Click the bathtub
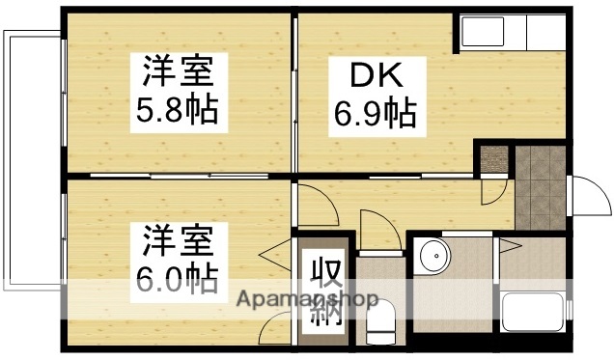pos(532,314)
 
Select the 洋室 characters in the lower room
pos(174,237)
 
